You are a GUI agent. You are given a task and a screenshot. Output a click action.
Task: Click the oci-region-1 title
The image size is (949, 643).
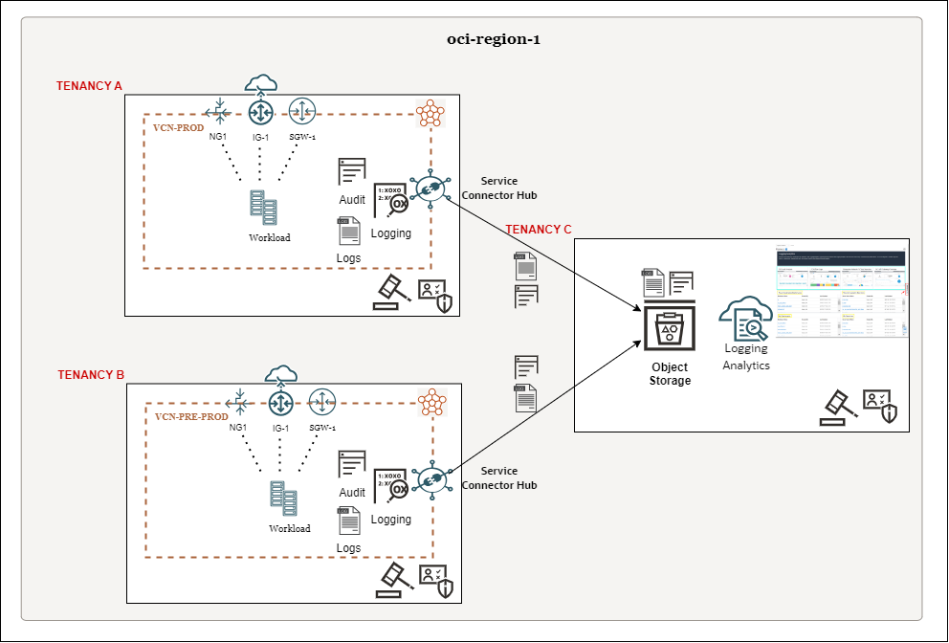click(494, 40)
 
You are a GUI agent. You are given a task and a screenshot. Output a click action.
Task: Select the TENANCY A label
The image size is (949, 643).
click(89, 86)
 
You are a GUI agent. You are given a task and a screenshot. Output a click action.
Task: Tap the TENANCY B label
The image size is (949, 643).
click(91, 375)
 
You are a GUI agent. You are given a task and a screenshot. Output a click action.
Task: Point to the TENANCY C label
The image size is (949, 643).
click(539, 230)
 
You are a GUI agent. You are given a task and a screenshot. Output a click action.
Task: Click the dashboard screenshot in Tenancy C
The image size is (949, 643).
click(840, 294)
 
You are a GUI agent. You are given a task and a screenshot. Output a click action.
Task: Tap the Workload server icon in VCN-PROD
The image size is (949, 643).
click(263, 208)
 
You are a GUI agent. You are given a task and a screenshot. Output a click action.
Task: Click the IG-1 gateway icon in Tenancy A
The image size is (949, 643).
click(261, 113)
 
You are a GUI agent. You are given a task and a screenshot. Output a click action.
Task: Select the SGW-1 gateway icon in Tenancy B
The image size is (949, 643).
click(322, 402)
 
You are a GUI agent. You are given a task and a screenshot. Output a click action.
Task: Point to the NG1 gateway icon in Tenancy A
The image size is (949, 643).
click(220, 113)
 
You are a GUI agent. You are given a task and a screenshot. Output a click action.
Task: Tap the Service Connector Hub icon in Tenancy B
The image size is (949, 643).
click(429, 478)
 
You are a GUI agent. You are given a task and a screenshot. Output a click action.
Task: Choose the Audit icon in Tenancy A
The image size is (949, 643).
click(352, 172)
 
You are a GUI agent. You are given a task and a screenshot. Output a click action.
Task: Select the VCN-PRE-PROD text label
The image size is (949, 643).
click(191, 417)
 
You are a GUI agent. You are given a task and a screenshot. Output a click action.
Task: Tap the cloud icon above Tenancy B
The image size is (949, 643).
click(280, 373)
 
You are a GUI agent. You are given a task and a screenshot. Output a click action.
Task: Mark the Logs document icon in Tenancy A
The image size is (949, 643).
click(348, 233)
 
